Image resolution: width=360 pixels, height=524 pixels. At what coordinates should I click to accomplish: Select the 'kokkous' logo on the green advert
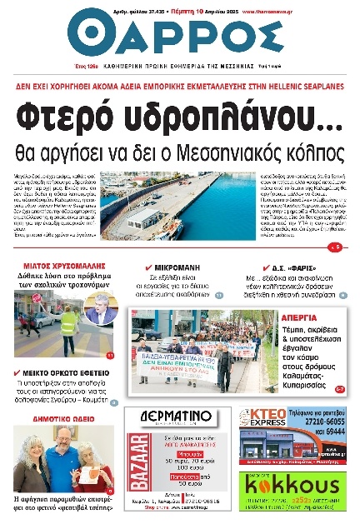(284, 486)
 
